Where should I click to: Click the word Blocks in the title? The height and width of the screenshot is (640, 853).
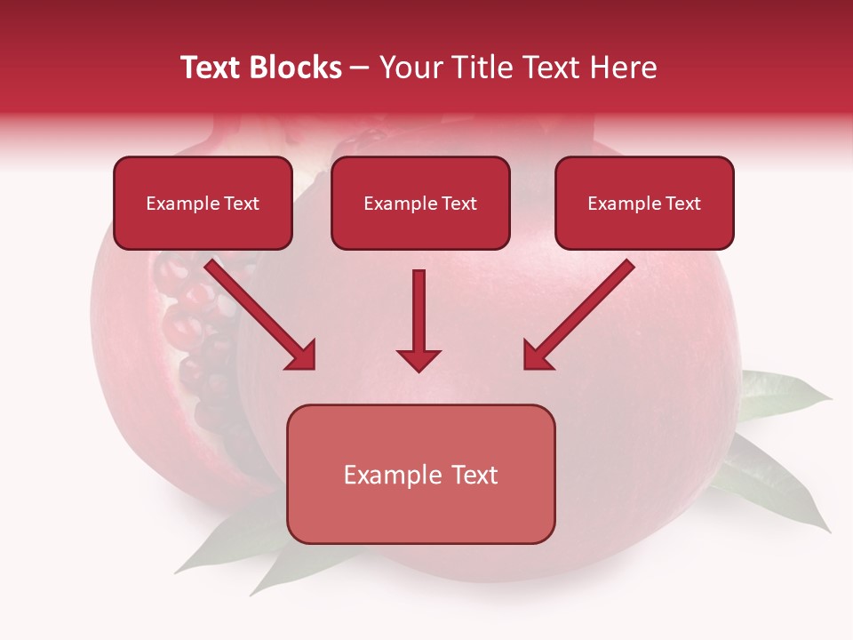point(298,68)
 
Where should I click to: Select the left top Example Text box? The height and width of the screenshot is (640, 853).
point(203,204)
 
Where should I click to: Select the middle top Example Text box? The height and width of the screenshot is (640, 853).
point(420,204)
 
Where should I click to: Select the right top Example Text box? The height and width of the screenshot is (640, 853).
point(644,204)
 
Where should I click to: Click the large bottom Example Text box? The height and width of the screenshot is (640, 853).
point(420,475)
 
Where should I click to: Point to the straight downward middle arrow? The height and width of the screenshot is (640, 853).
point(419,311)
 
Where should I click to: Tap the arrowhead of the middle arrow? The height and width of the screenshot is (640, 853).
point(419,360)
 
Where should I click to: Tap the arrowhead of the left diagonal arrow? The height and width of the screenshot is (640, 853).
point(302,356)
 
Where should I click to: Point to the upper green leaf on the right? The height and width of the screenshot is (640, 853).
point(782,396)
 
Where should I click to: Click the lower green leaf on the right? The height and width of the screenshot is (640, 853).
point(773,484)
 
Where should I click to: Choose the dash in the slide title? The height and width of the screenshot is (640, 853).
point(360,68)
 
